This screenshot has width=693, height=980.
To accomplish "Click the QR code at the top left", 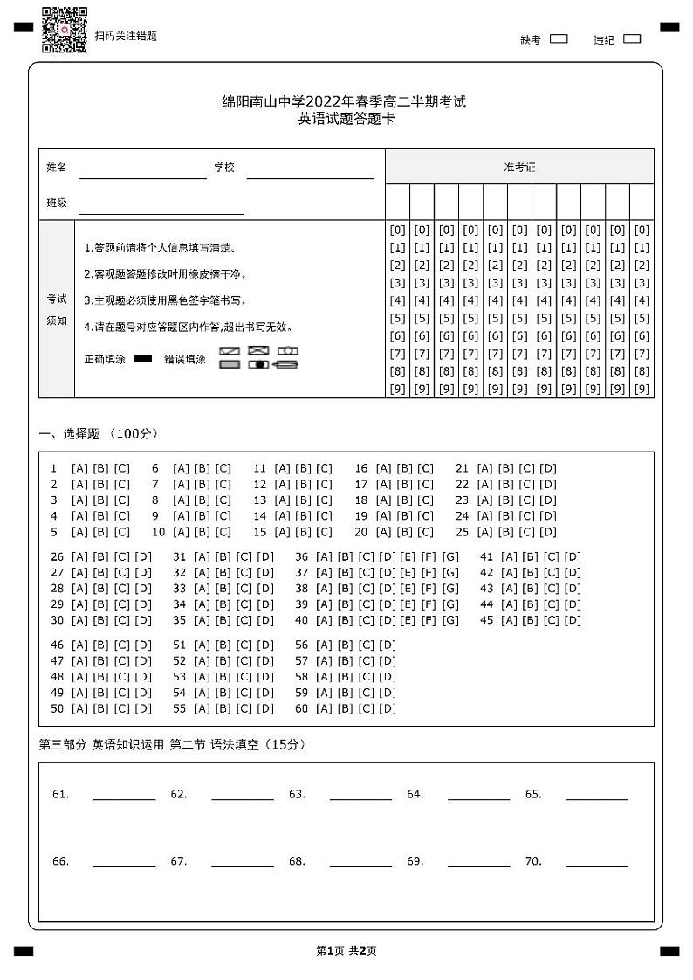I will click(x=65, y=30).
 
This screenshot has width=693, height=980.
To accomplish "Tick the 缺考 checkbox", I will click(x=559, y=38).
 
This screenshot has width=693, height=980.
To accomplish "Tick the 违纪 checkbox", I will click(x=633, y=38).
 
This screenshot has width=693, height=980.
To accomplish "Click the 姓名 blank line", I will click(x=143, y=173).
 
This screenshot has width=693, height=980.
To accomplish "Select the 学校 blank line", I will click(x=310, y=173).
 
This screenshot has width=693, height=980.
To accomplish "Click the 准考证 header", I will click(x=519, y=167).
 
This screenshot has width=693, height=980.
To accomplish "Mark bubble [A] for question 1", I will click(x=79, y=468).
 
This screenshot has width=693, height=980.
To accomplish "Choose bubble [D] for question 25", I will click(x=548, y=532).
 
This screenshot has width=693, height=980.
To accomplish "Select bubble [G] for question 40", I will click(x=450, y=621).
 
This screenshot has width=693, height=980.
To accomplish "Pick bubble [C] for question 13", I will click(x=325, y=500).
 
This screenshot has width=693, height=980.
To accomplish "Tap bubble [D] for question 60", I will click(x=388, y=708).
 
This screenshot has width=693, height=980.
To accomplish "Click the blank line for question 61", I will click(x=124, y=795).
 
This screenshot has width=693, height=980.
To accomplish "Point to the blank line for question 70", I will click(x=597, y=862).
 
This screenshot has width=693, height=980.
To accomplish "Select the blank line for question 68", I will click(x=360, y=862).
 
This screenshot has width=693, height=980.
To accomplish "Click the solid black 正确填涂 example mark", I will click(x=143, y=358).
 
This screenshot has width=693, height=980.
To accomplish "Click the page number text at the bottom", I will click(x=346, y=950).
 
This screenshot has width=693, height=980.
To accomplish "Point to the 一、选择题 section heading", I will click(x=99, y=434).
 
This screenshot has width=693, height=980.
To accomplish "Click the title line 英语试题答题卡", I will click(x=346, y=119).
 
